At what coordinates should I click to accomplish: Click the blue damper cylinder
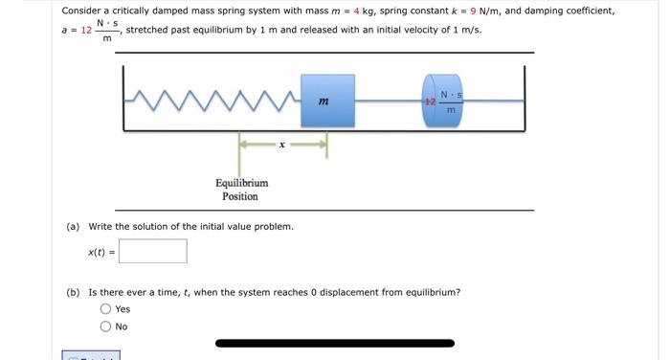coord(441,100)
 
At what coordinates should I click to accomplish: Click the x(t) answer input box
coord(153,252)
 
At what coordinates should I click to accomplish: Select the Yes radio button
coord(105,309)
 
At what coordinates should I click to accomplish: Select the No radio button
coord(105,326)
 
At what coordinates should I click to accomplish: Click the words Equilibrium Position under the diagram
coord(240,189)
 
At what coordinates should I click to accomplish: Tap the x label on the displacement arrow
coord(281,146)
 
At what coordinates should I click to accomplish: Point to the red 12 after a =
coord(86,31)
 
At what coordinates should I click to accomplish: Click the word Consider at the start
coord(81,11)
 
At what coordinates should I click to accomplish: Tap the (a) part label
coord(73,227)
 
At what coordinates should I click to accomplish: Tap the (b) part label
coord(73,292)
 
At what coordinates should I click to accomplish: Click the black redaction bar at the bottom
coord(335,343)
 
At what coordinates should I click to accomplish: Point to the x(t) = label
coord(101,252)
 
